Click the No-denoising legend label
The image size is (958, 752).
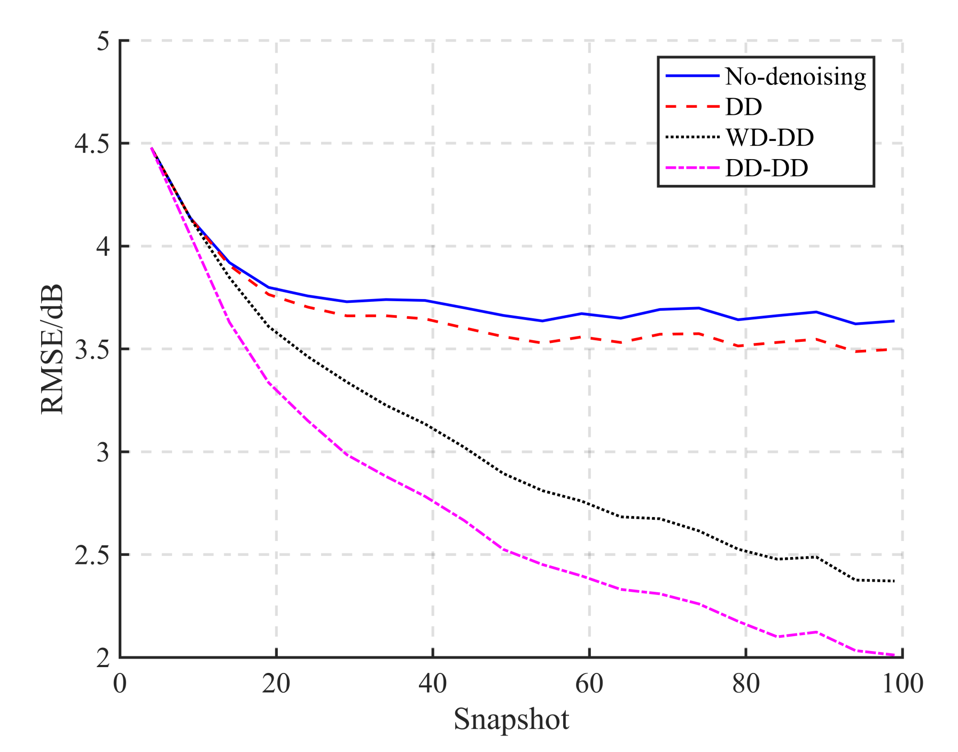[x=795, y=77]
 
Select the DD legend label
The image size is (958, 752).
[x=743, y=107]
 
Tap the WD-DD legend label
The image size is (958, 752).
[x=769, y=138]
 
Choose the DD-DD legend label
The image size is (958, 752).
[x=766, y=168]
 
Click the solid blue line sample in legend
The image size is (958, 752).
[x=692, y=76]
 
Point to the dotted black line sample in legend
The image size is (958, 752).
[x=692, y=137]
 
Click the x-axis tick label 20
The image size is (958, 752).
[x=276, y=684]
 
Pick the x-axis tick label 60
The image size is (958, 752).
[x=589, y=684]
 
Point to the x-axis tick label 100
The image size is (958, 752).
[x=902, y=684]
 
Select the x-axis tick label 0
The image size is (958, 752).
[x=120, y=684]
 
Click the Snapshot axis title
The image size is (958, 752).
[x=511, y=719]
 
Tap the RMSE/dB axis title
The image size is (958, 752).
[x=52, y=349]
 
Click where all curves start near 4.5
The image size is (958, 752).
[x=152, y=148]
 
